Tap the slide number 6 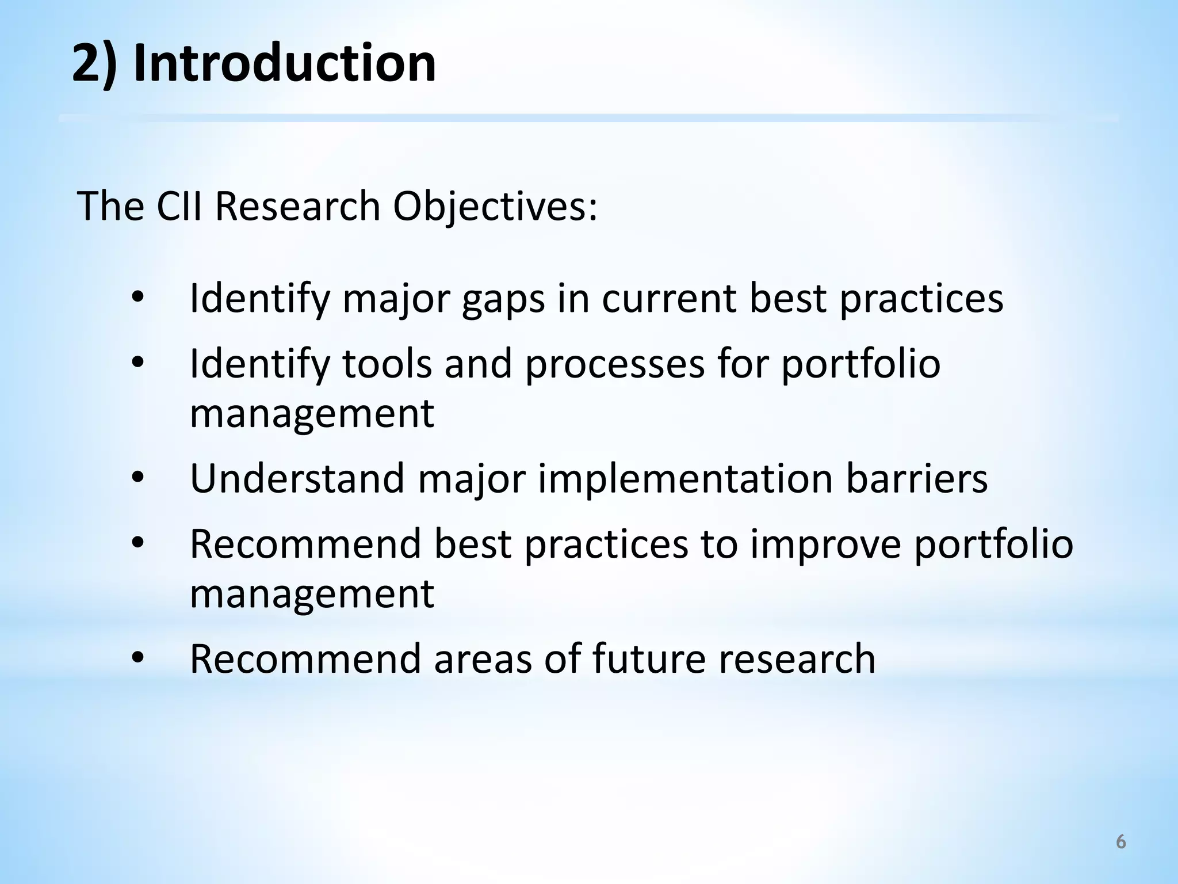1120,843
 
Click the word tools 387,364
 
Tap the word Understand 297,479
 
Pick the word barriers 916,479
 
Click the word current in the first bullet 669,299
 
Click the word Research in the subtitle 297,206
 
